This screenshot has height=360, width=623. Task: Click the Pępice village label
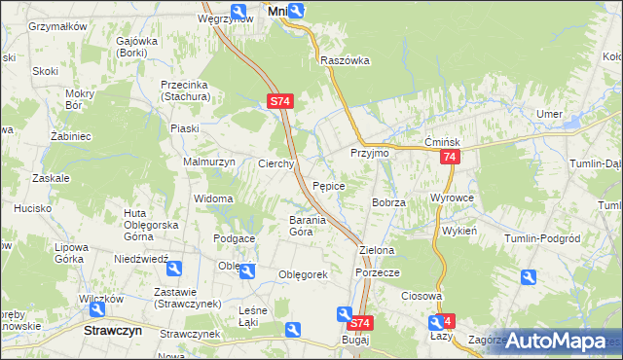(328, 185)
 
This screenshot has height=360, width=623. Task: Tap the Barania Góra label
(287, 226)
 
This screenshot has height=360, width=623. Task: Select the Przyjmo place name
(369, 154)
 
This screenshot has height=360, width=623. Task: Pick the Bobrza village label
(388, 202)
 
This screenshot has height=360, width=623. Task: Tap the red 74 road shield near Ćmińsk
(449, 159)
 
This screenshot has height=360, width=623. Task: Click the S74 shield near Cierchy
(279, 101)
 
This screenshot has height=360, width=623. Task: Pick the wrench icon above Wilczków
(97, 309)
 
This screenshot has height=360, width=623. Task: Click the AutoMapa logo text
(569, 341)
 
